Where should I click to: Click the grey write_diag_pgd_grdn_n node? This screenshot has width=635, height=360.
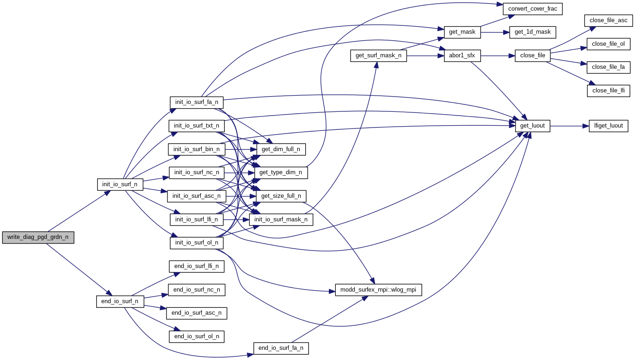coord(38,238)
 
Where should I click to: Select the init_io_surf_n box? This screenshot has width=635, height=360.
coord(120,184)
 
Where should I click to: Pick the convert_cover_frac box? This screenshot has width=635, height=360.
coord(532,9)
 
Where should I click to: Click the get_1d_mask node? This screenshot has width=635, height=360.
coord(532,32)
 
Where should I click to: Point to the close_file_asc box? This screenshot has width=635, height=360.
coord(608,20)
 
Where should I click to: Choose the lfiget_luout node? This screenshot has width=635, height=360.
coord(608,126)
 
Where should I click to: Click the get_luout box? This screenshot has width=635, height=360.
coord(533,126)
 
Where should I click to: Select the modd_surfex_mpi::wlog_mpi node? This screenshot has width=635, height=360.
coord(378,290)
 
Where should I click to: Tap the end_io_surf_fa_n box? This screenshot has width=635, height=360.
coord(281,348)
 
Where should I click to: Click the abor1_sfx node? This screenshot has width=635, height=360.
coord(462,56)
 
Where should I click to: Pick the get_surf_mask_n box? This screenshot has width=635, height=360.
coord(378,56)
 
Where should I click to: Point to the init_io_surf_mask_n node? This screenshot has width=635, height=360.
coord(281,220)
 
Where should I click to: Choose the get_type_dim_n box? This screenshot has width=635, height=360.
coord(281,172)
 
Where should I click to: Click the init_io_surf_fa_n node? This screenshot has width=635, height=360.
coord(197,102)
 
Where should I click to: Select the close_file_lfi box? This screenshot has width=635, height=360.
coord(608,91)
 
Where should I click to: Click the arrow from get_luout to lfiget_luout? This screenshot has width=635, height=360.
coord(569,126)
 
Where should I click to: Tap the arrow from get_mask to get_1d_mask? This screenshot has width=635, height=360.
coord(495,32)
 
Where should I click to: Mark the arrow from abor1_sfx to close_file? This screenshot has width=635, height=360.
coord(498,56)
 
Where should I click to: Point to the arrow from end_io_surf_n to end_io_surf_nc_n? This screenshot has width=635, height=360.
coord(155,296)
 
